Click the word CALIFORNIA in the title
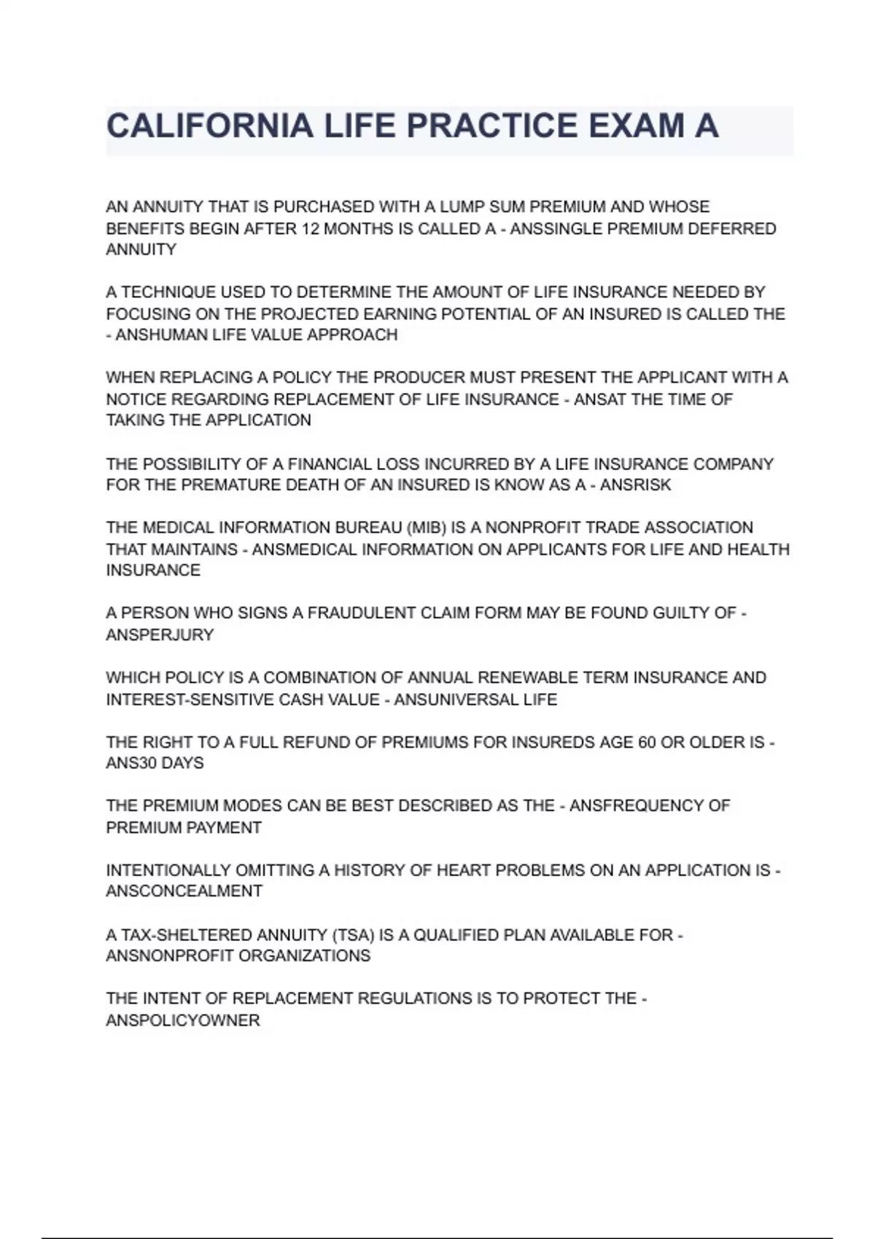(x=210, y=126)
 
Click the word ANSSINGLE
(x=556, y=229)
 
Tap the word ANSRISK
(x=635, y=485)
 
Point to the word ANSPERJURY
(x=160, y=635)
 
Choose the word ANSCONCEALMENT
(x=184, y=891)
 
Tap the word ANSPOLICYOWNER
(x=183, y=1020)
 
